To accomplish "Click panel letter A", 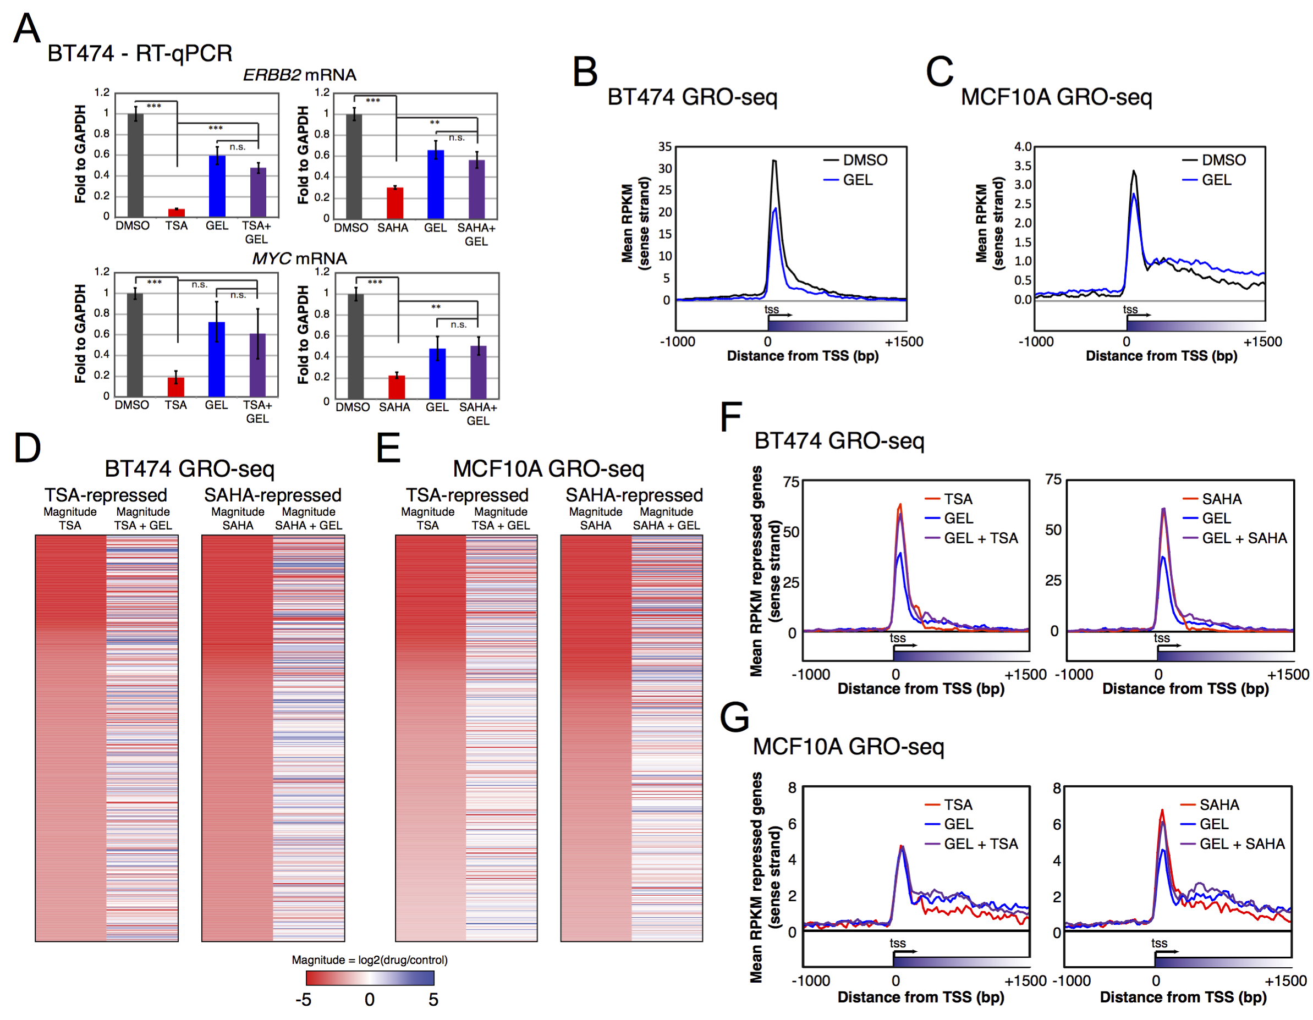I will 26,28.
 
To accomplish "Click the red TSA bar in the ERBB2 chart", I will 176,212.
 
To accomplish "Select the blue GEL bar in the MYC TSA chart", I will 216,359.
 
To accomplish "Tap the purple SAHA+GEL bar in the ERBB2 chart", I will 477,189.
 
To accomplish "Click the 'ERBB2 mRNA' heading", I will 299,75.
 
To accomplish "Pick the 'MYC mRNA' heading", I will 299,258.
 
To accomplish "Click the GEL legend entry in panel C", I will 1216,180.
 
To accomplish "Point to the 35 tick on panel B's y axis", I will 664,147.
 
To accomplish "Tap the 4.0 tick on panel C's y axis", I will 1023,147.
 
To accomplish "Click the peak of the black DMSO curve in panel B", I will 774,161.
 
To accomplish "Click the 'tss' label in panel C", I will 1130,309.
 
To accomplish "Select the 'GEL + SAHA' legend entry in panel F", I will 1244,538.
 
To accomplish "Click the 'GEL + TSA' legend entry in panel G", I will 981,844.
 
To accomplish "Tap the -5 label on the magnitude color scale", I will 303,1000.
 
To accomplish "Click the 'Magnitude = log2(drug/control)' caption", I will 369,960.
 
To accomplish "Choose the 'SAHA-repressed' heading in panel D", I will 272,495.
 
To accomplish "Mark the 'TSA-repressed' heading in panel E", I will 466,495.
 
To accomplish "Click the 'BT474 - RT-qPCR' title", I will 140,53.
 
